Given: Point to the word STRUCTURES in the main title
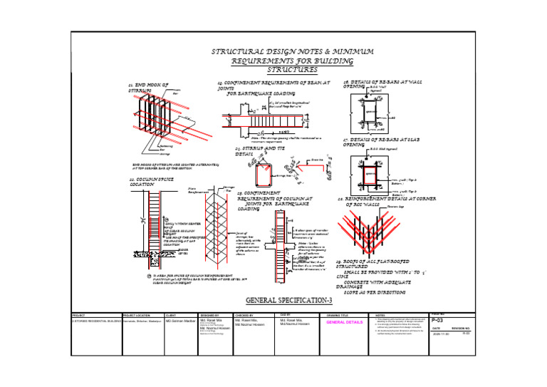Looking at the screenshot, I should tap(292, 70).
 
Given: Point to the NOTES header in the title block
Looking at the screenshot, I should tap(380, 314).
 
